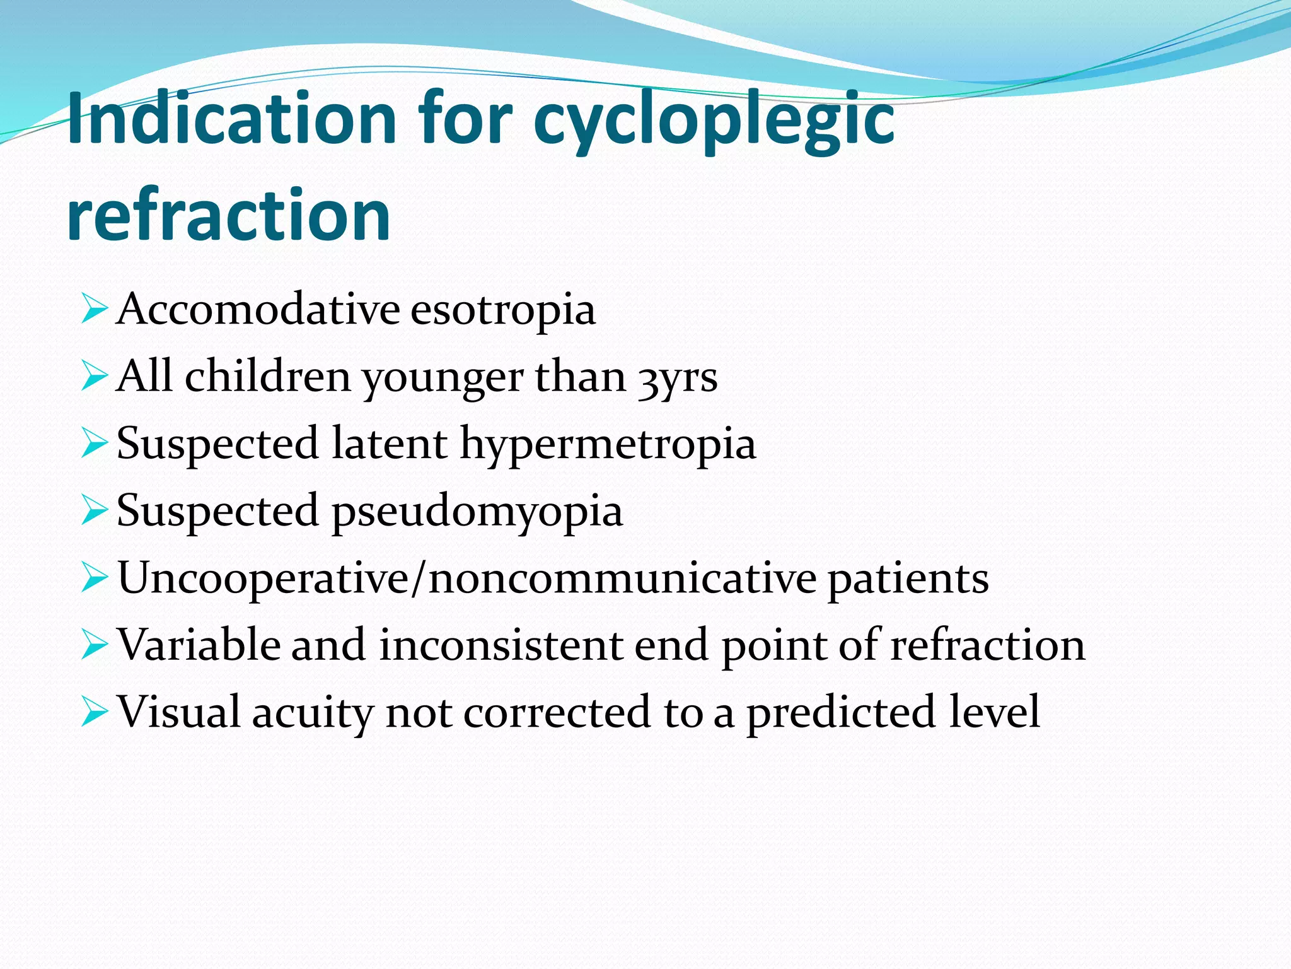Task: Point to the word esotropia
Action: [503, 310]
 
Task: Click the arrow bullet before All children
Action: [95, 377]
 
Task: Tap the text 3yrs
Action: [678, 378]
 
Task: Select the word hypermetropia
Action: [608, 444]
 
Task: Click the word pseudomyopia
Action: [477, 511]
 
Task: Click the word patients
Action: [908, 578]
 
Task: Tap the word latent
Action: [389, 443]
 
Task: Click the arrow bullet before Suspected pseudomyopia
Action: [95, 510]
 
